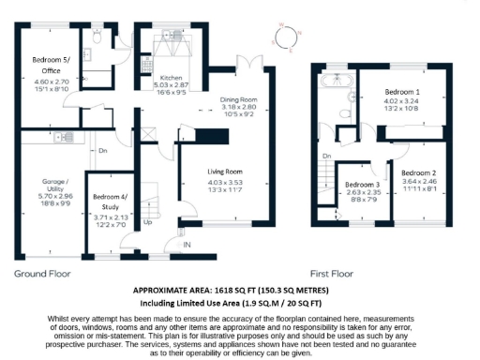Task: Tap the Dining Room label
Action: click(235, 99)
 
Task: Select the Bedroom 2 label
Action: click(420, 173)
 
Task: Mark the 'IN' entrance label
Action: click(186, 246)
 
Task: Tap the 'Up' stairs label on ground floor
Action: click(148, 224)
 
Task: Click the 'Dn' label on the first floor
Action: click(326, 156)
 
